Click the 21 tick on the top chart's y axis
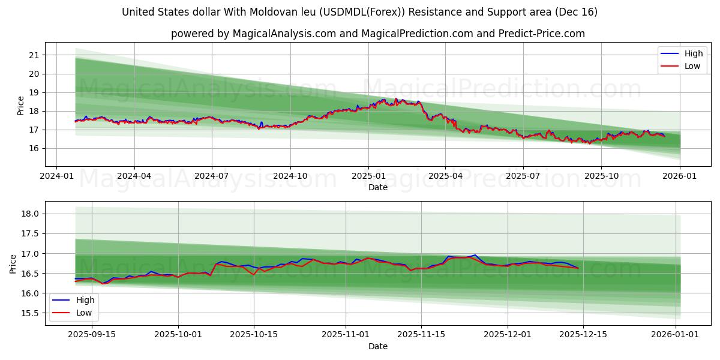(x=34, y=55)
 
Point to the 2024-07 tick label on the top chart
(x=212, y=176)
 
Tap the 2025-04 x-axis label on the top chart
(x=445, y=176)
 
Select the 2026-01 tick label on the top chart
(x=679, y=176)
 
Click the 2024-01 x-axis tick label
(x=56, y=176)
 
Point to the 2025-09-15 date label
(x=92, y=335)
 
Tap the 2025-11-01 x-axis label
(x=346, y=335)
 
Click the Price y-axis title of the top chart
(x=21, y=106)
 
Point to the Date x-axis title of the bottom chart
(x=378, y=346)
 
